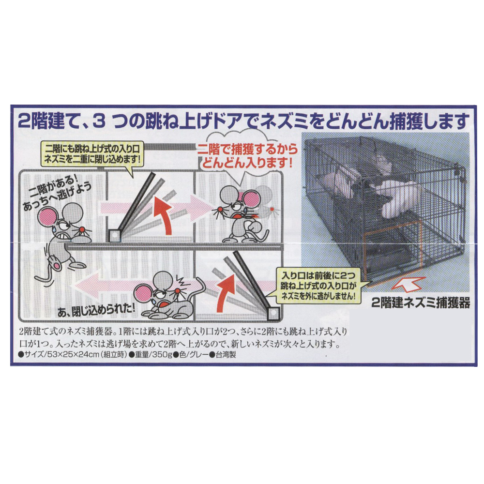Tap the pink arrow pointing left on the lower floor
click(x=123, y=286)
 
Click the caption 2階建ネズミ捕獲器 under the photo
click(x=421, y=303)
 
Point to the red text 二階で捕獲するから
click(x=247, y=150)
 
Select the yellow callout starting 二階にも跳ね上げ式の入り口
click(x=92, y=154)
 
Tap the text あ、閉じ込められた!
click(x=96, y=310)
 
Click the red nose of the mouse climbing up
click(x=82, y=230)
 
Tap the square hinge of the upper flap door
click(x=114, y=236)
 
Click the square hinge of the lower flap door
click(x=273, y=313)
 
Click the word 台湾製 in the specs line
click(x=226, y=355)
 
